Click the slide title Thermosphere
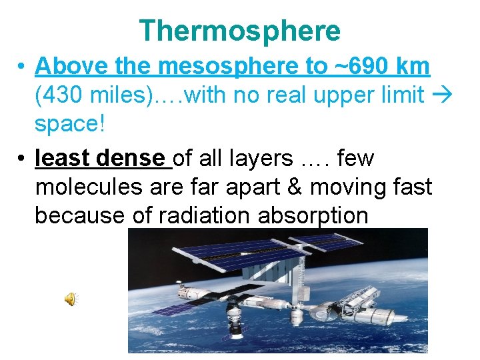coord(240,31)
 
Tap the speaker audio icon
coord(71,300)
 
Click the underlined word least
coord(63,158)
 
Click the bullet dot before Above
coord(22,67)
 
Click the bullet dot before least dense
coord(22,159)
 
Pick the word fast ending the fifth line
coord(410,187)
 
